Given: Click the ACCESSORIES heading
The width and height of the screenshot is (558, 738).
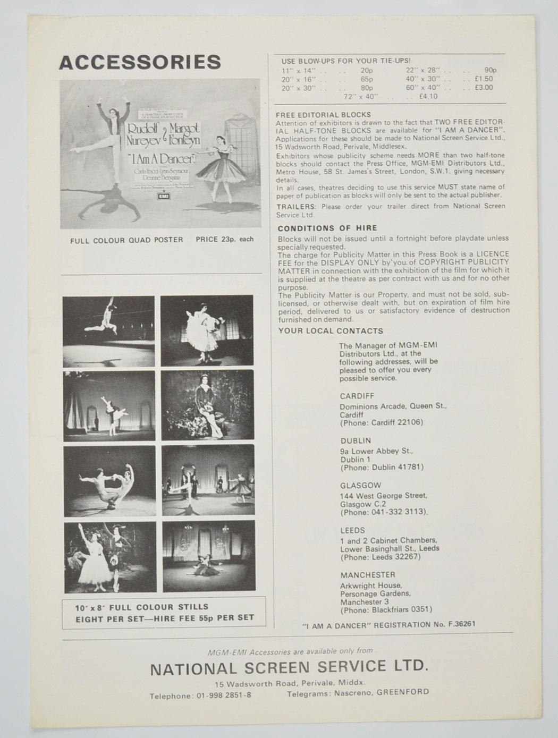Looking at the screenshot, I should click(140, 62).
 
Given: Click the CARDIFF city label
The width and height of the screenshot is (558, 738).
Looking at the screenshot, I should click(357, 396).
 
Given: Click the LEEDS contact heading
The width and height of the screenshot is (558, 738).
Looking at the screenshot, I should click(352, 530).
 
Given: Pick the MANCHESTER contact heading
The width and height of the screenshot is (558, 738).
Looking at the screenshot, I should click(367, 575).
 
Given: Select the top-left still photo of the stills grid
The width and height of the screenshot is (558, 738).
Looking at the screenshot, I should click(109, 331).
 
